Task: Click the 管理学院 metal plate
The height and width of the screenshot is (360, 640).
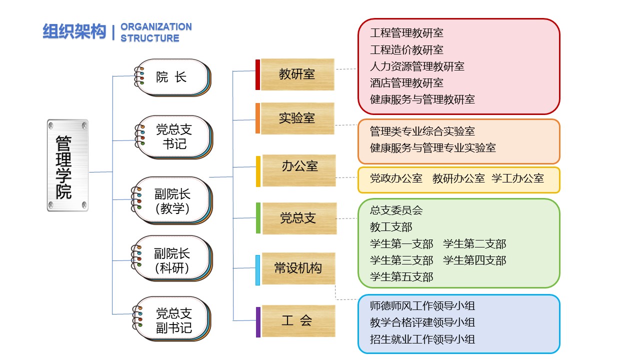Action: coord(67,165)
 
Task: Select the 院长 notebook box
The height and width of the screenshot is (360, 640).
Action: coord(172,77)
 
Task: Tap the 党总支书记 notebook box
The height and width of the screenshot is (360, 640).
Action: coord(173,137)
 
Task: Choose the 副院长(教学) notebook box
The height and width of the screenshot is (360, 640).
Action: coord(172,200)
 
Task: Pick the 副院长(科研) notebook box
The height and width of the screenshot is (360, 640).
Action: coord(172,258)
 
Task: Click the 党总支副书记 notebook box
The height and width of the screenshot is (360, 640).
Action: coord(172,319)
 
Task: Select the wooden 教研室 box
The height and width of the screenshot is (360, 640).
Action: coord(297,74)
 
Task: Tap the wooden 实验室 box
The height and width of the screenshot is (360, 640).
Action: coord(297,118)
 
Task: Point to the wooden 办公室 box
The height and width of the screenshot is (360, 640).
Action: coord(299,170)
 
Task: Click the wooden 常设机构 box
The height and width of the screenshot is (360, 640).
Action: coord(298,268)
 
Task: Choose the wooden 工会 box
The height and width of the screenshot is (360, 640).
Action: coord(298,321)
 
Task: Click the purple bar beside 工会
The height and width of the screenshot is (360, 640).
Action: coord(258,322)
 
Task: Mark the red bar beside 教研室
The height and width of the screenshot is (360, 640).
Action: coord(257,74)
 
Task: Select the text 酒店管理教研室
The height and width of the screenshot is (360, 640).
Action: coord(406,83)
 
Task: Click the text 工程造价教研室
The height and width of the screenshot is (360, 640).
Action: coord(406,50)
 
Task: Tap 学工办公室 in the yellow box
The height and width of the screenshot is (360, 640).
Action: coord(517,178)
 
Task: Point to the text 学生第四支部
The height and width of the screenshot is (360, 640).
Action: coord(474,260)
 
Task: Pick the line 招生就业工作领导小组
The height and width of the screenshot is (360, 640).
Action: coord(422,339)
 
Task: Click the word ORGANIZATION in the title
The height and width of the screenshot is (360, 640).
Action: coord(156,27)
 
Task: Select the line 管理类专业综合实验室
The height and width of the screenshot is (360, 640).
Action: coord(422,131)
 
